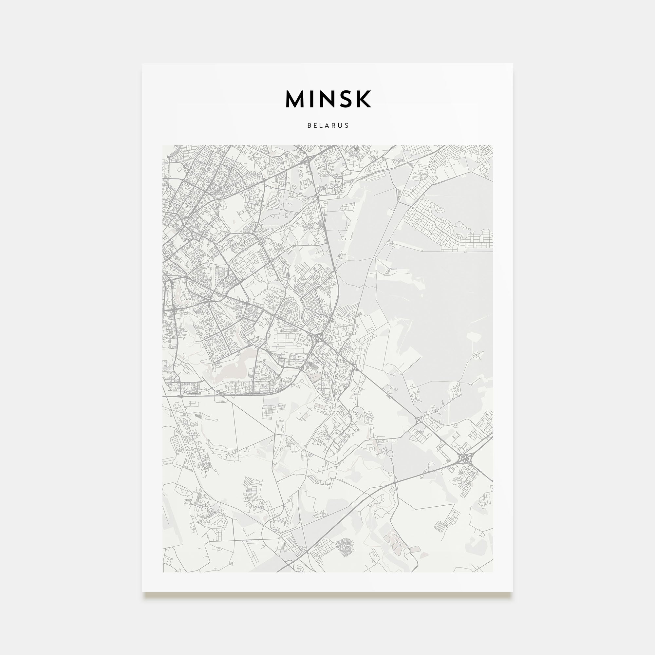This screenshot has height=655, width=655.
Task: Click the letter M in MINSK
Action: coord(296,99)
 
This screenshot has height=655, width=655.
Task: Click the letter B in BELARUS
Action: coord(309,125)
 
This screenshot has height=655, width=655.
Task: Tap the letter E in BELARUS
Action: coord(316,125)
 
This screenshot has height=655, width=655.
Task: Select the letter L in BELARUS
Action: coord(322,125)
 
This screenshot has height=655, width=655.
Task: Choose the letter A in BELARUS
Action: coord(327,125)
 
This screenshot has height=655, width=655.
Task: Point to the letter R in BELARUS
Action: coord(334,125)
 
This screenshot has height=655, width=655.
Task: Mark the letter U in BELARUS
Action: coord(340,125)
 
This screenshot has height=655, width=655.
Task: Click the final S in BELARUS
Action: coord(347,125)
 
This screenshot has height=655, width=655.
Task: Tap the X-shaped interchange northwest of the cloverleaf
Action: coord(418,421)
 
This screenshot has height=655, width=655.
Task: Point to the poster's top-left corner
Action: coord(142,64)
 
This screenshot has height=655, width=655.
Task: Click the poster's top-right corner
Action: coord(513,64)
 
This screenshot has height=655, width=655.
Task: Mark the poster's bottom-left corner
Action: coord(142,592)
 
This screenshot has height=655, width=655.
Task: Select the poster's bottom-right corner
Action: coord(513,592)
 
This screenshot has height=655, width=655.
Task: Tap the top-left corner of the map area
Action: coord(163,146)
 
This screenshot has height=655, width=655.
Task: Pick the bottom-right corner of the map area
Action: coord(493,572)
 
